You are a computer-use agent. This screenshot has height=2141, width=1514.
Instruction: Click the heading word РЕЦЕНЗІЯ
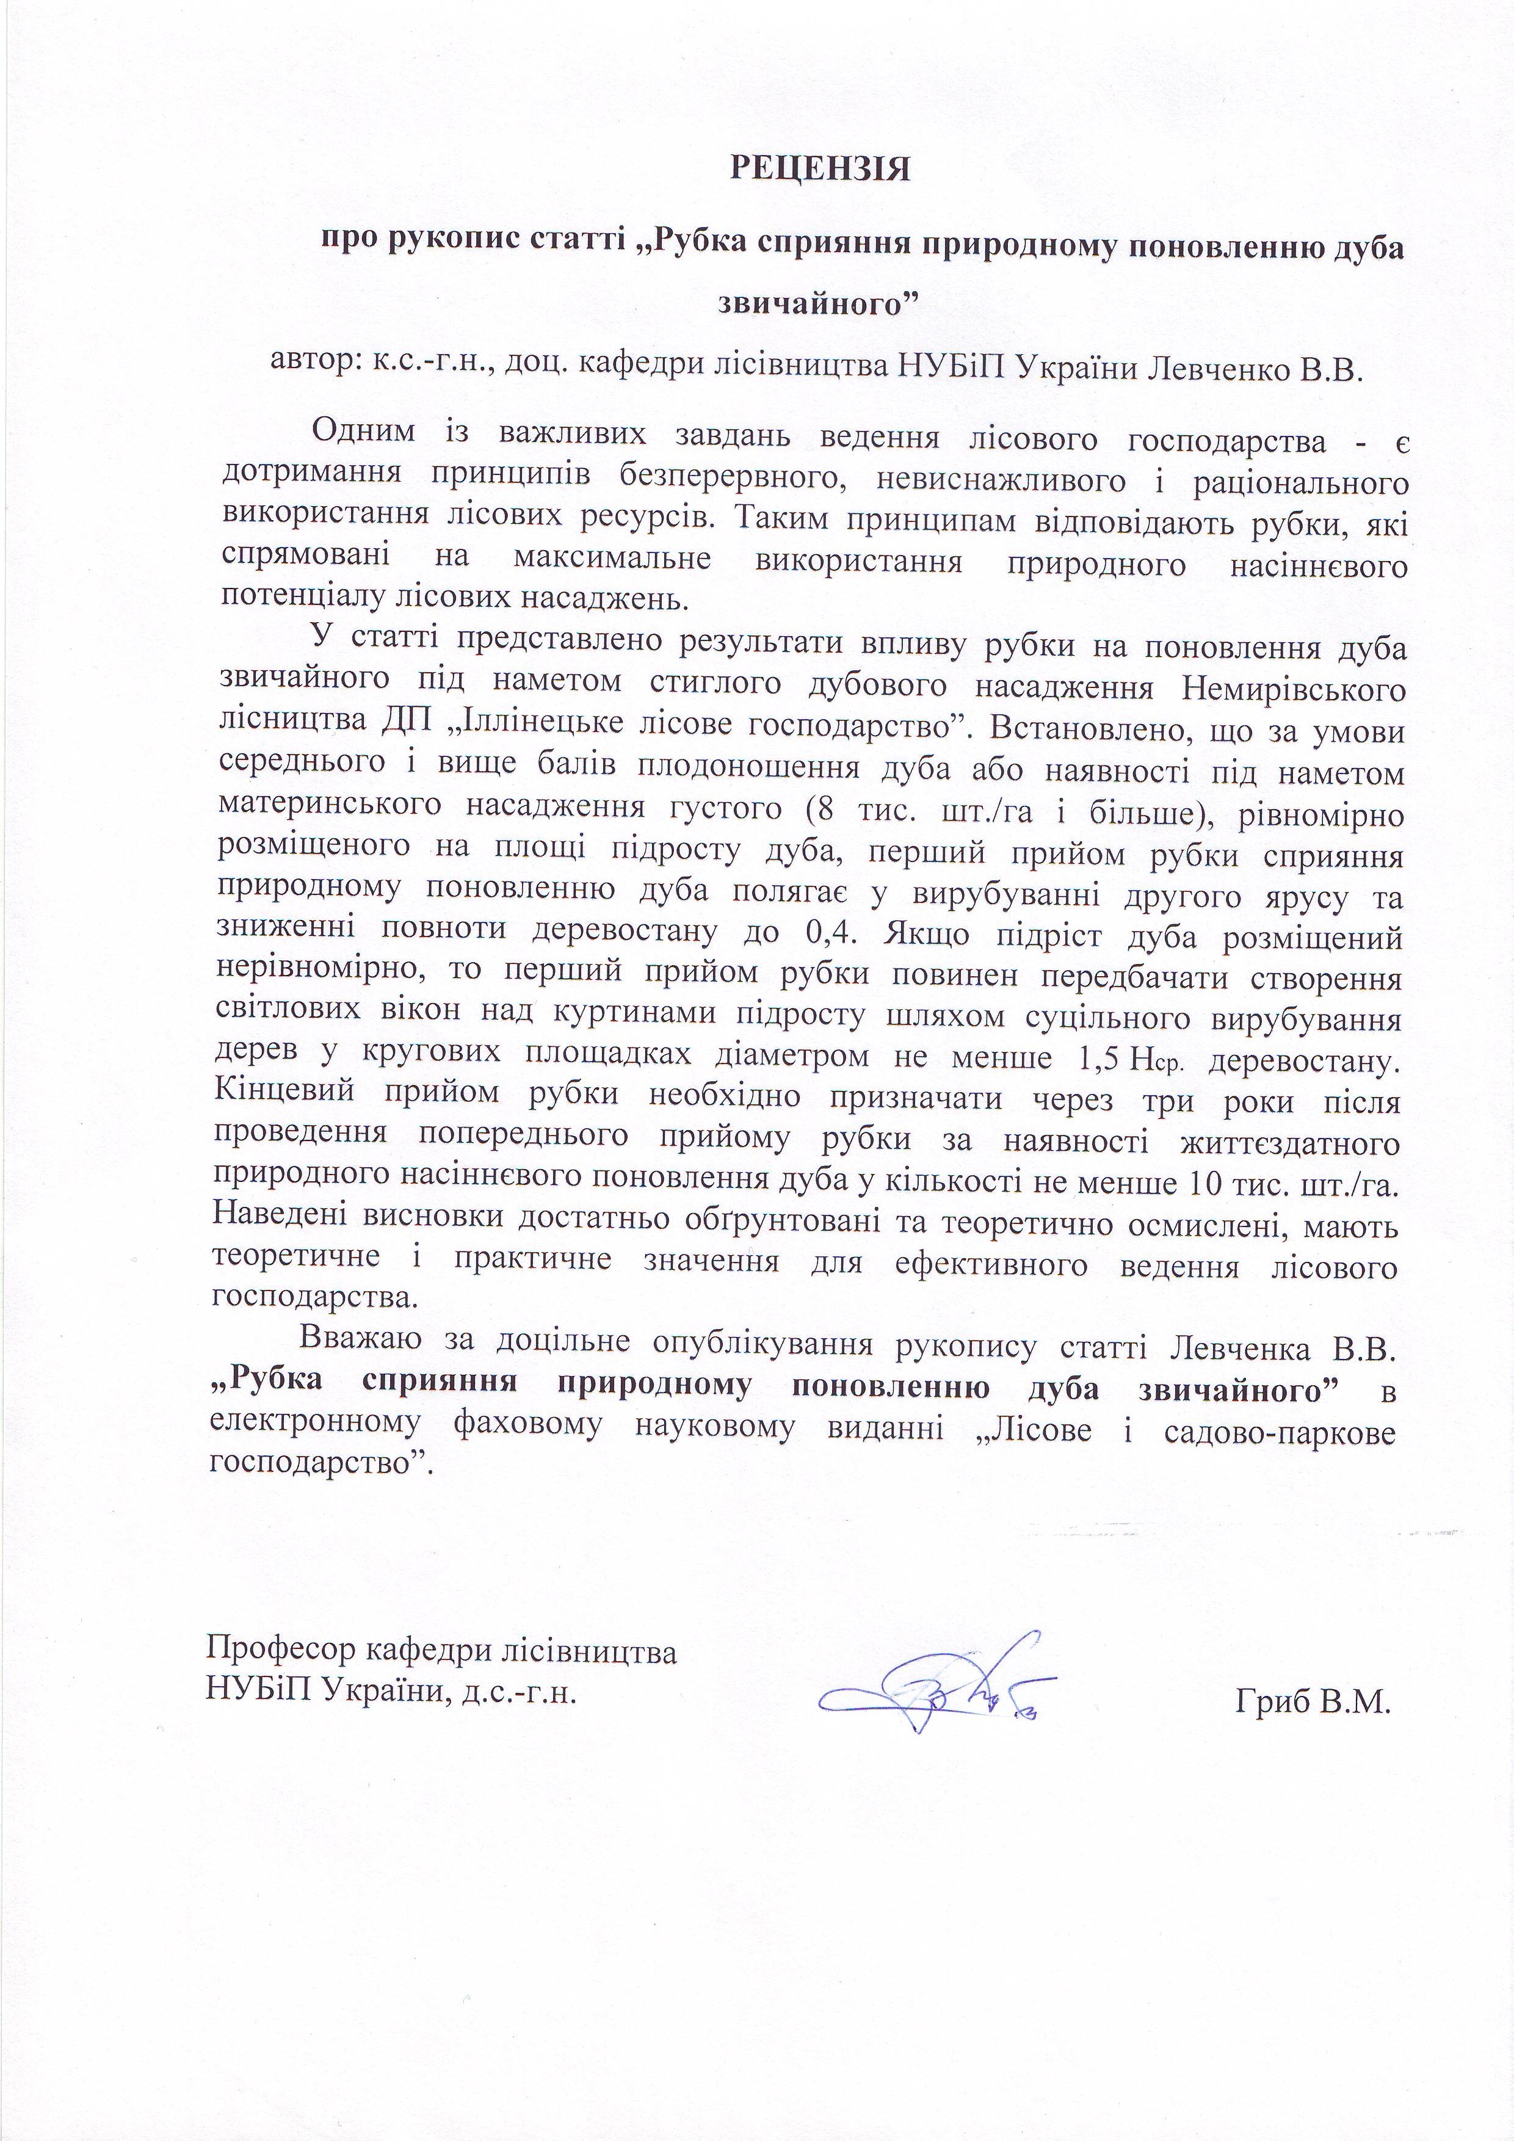pyautogui.click(x=819, y=168)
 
